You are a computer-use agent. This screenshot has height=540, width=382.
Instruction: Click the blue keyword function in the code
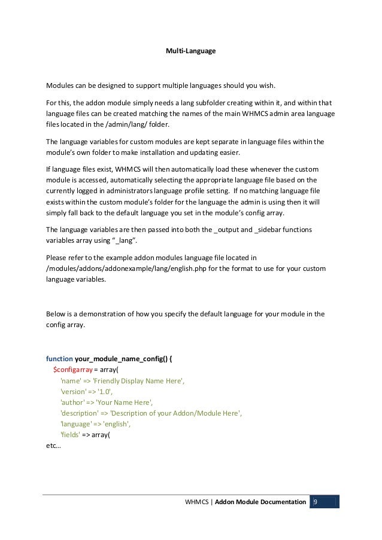point(59,359)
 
